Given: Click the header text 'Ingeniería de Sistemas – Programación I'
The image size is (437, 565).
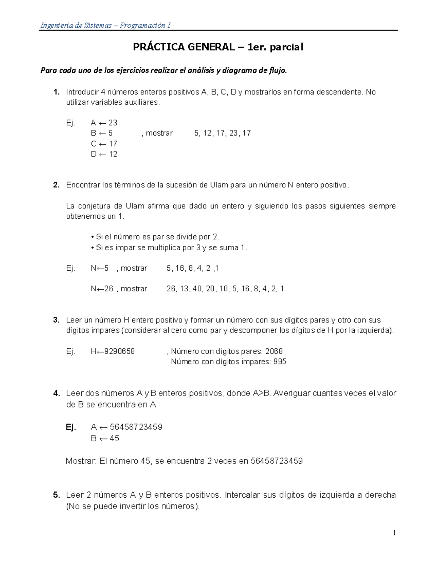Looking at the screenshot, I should point(105,25).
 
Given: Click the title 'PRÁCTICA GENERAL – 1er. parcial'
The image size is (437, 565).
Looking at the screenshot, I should point(218,47).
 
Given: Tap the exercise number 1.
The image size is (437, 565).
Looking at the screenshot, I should point(56,92).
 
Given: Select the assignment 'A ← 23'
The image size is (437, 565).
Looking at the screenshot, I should point(104,123).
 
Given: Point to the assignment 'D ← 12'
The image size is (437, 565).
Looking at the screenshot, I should point(104,154).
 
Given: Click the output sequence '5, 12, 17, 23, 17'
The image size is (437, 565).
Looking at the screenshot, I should point(222,133).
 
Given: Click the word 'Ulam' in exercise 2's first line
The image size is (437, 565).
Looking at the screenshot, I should point(219,185).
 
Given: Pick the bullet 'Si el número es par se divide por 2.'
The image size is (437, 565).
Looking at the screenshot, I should point(155,237).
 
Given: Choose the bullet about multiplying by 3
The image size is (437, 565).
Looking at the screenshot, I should point(169,248).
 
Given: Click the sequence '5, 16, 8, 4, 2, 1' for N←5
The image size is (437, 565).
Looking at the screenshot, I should point(193,268).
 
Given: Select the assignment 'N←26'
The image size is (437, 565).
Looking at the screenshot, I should point(102,289).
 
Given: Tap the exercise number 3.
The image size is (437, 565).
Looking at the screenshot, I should point(56,320).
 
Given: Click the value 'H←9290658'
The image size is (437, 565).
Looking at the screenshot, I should point(113,351).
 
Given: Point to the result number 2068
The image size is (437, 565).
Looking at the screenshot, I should point(274,351).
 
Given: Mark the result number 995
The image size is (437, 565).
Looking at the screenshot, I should point(279,362).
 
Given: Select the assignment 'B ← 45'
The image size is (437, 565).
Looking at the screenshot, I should point(105,438).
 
